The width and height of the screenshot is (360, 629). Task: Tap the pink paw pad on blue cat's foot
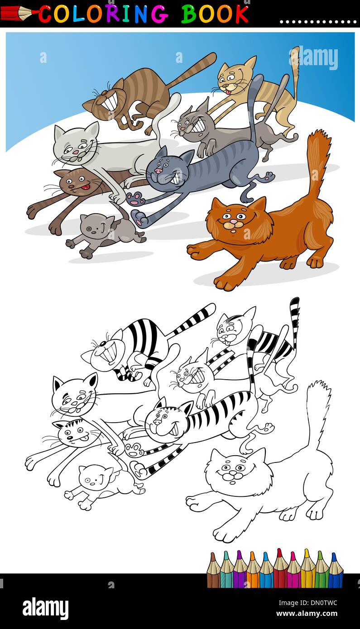tap(134, 198)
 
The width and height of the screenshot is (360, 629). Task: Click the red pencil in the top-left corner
tap(18, 14)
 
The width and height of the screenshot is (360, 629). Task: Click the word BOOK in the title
tap(215, 14)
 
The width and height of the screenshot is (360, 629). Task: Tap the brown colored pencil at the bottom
tap(213, 571)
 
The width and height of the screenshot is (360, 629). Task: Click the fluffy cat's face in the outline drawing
tap(234, 472)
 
